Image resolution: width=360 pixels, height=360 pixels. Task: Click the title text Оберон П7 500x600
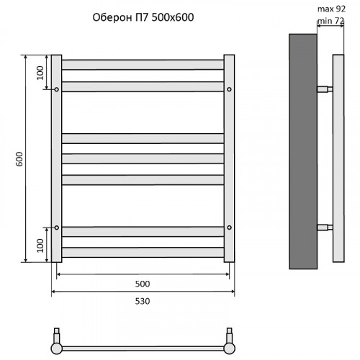pyautogui.click(x=143, y=17)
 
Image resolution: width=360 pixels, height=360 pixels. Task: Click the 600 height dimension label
pyautogui.click(x=19, y=158)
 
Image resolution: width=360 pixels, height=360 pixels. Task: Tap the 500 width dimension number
pyautogui.click(x=143, y=284)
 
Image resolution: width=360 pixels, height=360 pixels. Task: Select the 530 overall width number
pyautogui.click(x=143, y=301)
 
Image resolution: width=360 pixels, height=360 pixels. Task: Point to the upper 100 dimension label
pyautogui.click(x=40, y=73)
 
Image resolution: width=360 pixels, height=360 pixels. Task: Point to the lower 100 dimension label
pyautogui.click(x=40, y=246)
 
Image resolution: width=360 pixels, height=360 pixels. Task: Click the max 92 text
pyautogui.click(x=331, y=9)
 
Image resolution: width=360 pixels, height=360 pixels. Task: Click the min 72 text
pyautogui.click(x=331, y=21)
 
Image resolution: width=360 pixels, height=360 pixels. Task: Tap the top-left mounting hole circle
pyautogui.click(x=57, y=89)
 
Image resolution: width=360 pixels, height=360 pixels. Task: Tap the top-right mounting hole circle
pyautogui.click(x=229, y=89)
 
